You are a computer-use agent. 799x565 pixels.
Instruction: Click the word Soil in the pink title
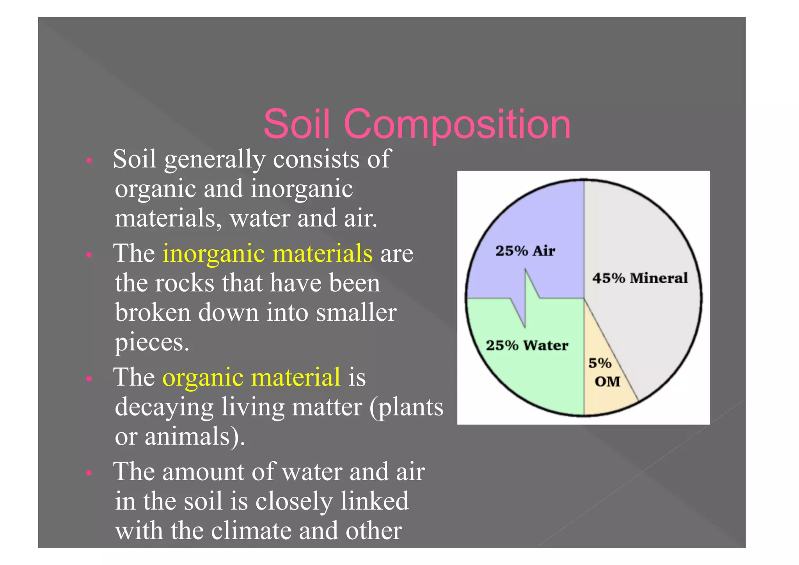tap(297, 124)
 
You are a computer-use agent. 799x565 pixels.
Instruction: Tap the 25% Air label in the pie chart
tap(525, 251)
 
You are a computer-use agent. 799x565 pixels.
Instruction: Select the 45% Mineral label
tap(640, 278)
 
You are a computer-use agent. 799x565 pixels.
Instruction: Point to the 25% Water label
tap(527, 345)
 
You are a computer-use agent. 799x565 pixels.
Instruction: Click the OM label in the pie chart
tap(607, 381)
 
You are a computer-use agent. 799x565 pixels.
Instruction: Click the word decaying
tap(164, 407)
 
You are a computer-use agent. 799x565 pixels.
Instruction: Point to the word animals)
tap(195, 436)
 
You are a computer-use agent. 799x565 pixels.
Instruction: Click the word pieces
tap(152, 343)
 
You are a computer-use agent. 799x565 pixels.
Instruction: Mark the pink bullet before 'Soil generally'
tap(89, 160)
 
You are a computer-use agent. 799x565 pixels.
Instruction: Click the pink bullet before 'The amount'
tap(89, 473)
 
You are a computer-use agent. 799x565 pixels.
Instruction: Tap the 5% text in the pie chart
tap(600, 363)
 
